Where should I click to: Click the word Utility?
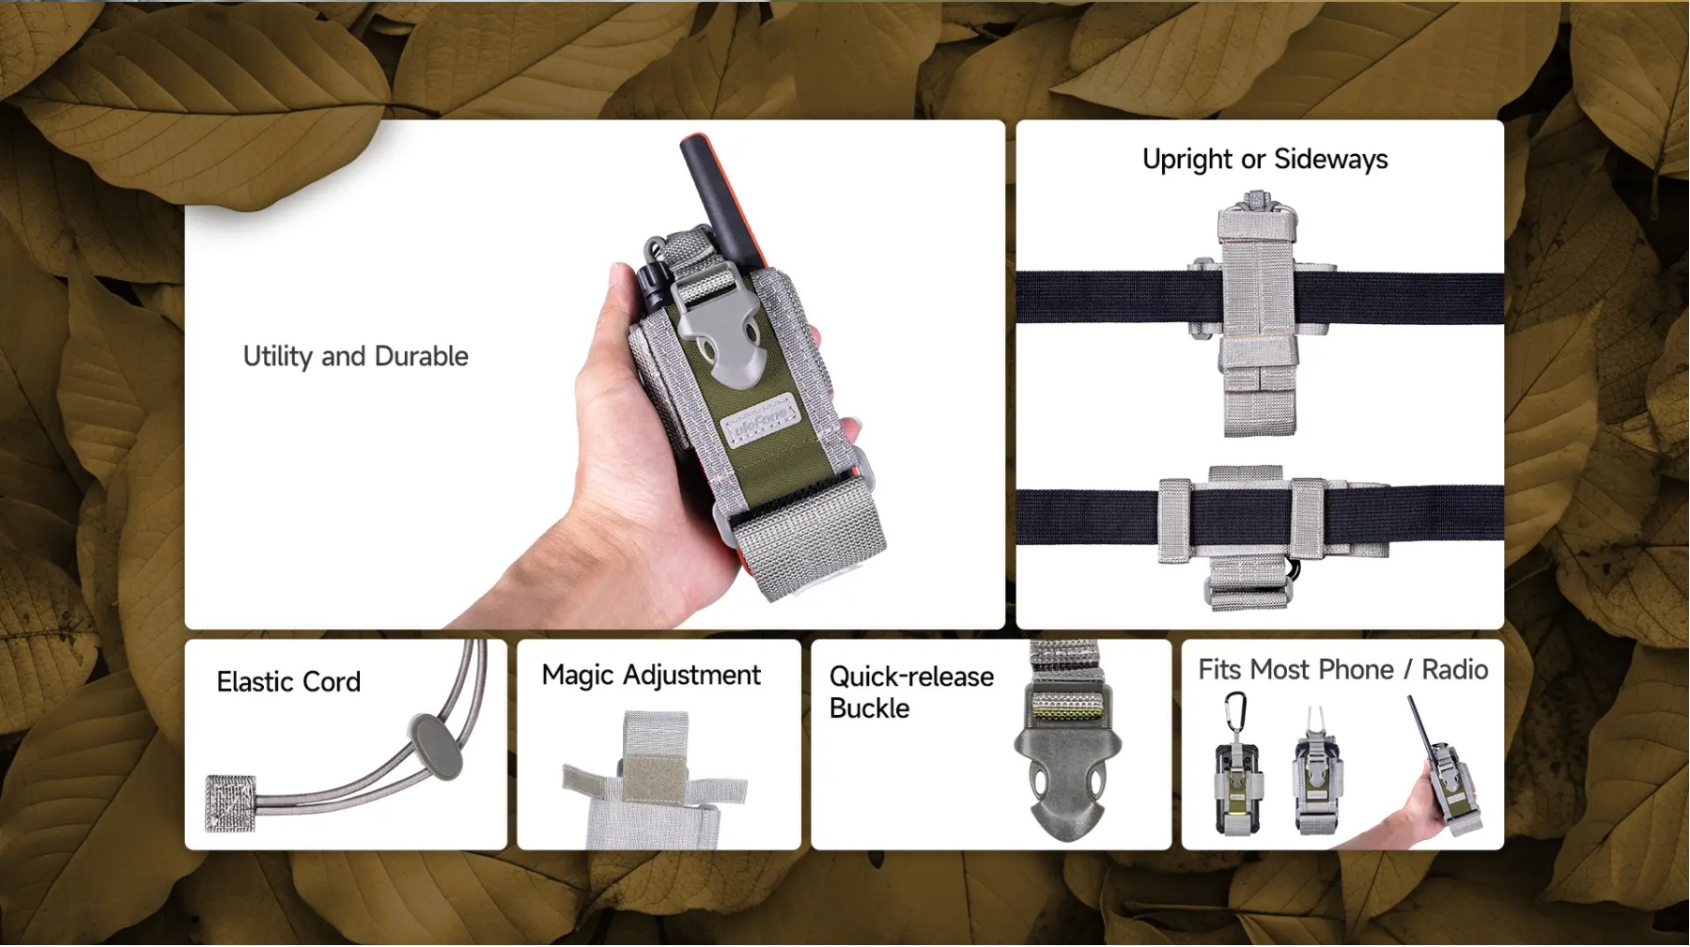pyautogui.click(x=277, y=357)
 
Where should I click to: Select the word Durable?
pyautogui.click(x=421, y=357)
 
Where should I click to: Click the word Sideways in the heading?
pyautogui.click(x=1330, y=161)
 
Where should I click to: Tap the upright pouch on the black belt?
pyautogui.click(x=1259, y=314)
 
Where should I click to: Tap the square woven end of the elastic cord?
pyautogui.click(x=230, y=803)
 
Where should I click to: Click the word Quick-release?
pyautogui.click(x=911, y=676)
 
